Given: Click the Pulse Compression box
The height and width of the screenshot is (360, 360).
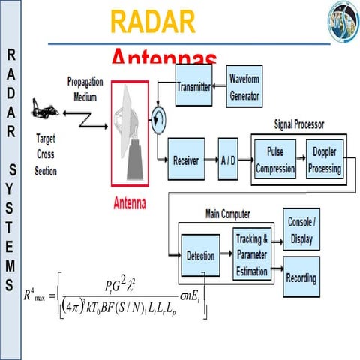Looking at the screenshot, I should (x=275, y=160).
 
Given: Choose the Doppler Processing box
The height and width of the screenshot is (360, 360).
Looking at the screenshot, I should (x=325, y=160).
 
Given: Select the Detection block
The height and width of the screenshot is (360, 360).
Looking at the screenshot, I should (x=200, y=256).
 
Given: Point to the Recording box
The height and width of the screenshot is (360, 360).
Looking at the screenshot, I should (x=301, y=277).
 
